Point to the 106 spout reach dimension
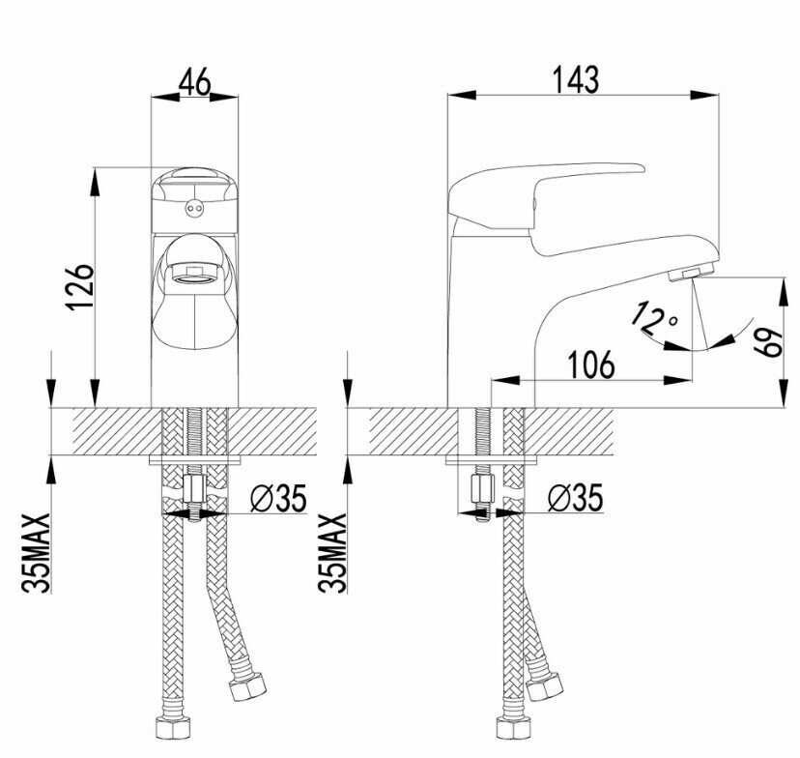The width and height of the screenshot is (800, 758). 591,364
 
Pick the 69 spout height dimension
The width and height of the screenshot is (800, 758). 769,343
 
